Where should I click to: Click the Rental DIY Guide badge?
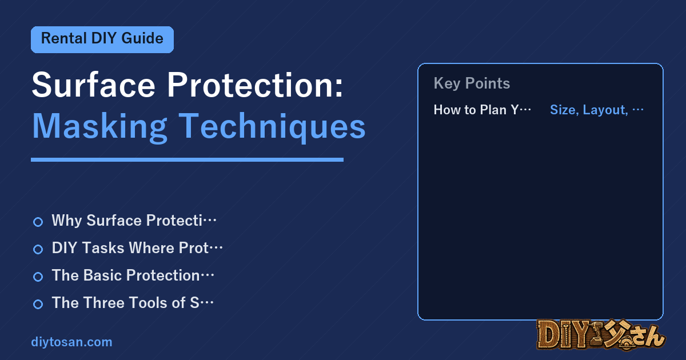(102, 39)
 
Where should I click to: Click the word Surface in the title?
(93, 85)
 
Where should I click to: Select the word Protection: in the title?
(255, 85)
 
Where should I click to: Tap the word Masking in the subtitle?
(99, 127)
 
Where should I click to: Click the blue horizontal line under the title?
(187, 160)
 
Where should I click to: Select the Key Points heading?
(472, 83)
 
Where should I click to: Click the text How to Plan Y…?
(482, 110)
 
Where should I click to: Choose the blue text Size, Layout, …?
(597, 110)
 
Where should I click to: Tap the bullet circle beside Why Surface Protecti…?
(38, 222)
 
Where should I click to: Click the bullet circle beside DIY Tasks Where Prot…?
(38, 249)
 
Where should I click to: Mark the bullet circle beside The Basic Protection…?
(38, 277)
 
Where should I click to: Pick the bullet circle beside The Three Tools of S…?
(38, 304)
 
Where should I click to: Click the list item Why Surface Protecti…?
(134, 221)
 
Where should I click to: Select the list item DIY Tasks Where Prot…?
(137, 248)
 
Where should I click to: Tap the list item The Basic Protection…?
(133, 275)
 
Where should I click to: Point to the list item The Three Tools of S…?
(133, 303)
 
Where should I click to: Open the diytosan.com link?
(71, 342)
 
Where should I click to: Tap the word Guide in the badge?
(142, 39)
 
